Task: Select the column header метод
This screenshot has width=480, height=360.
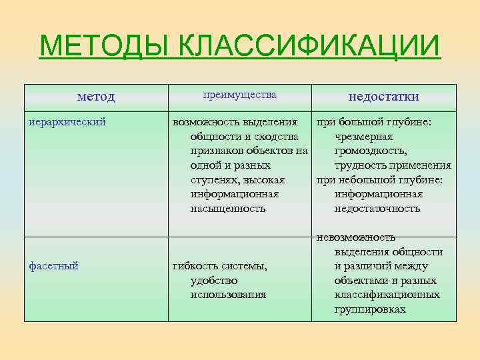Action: point(96,97)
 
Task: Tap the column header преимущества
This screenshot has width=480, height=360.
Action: point(239,95)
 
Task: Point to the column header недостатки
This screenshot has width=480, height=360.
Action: point(383,97)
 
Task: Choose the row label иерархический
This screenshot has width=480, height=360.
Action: point(67,122)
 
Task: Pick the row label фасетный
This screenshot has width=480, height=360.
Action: point(54,265)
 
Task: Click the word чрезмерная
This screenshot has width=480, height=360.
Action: point(368,137)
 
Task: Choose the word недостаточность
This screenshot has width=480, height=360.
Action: point(377,209)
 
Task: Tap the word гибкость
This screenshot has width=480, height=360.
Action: point(194,266)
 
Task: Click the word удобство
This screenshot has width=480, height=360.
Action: point(214,281)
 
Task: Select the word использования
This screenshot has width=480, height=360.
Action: point(228,295)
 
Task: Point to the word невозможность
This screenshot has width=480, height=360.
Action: point(356,237)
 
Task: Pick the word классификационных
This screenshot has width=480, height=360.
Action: point(387,295)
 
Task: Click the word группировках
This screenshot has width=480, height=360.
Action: point(370,309)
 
